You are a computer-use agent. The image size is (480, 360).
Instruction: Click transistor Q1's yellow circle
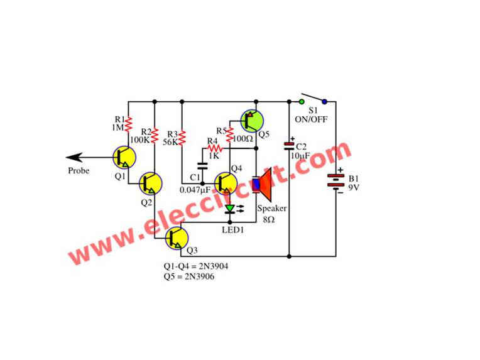[123, 157]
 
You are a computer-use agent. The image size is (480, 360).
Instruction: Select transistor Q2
[151, 183]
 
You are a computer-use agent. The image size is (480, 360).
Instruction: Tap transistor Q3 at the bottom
[177, 237]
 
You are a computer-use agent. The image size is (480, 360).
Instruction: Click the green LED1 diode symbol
[230, 209]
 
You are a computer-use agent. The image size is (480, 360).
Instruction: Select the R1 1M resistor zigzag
[128, 123]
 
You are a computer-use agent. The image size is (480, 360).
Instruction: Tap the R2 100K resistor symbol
[155, 134]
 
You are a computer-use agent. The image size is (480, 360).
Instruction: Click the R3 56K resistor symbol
[182, 137]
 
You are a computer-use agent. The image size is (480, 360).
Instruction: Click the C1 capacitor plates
[202, 166]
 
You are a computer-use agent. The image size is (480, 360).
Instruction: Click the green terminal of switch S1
[302, 101]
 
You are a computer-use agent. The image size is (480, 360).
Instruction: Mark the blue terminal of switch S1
[324, 101]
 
